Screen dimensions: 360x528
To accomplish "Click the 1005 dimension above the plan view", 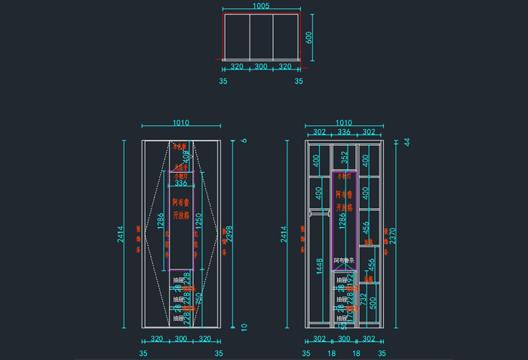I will (260, 6).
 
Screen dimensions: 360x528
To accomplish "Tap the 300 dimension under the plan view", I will (260, 66).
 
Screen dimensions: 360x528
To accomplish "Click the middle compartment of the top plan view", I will (260, 35).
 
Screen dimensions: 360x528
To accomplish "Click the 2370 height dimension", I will (390, 235).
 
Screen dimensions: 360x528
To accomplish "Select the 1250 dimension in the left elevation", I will (198, 220).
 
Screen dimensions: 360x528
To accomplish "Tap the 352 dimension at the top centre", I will (344, 158).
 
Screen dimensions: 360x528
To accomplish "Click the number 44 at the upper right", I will (407, 142).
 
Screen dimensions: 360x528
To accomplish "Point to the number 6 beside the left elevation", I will (244, 141).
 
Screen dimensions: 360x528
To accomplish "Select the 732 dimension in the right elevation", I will (364, 300).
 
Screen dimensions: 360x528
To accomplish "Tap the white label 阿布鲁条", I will (343, 260).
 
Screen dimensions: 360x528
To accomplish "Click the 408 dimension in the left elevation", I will (187, 158).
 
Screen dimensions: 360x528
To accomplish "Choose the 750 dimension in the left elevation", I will (198, 299).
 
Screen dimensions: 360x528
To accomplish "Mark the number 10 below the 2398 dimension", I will (244, 327).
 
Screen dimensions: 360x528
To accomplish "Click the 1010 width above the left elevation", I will (181, 123).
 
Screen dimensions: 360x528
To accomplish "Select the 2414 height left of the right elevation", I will (285, 235).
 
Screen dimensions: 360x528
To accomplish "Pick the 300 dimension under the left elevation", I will (181, 340).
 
